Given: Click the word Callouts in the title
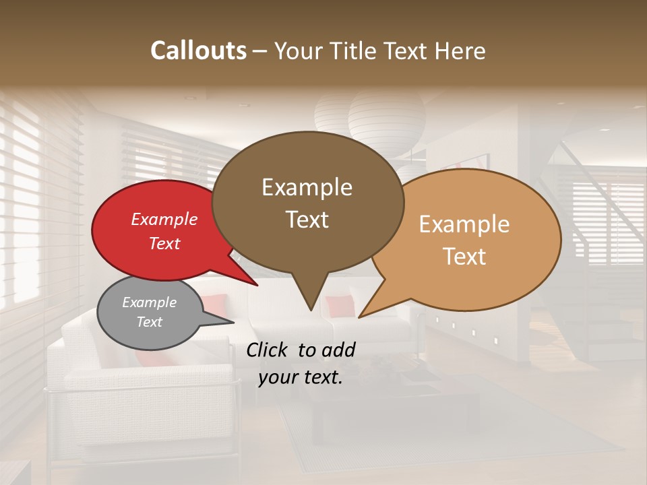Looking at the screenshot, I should pyautogui.click(x=198, y=51).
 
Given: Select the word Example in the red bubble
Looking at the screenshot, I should pyautogui.click(x=164, y=219).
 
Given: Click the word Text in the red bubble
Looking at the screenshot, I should pyautogui.click(x=164, y=243).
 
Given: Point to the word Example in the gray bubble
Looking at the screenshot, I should pyautogui.click(x=149, y=302).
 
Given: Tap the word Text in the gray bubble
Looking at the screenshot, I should pyautogui.click(x=149, y=322).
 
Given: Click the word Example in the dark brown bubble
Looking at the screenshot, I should pyautogui.click(x=307, y=187).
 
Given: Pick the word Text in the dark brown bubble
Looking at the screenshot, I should pyautogui.click(x=307, y=220).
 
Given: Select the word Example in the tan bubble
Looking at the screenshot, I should pyautogui.click(x=464, y=224).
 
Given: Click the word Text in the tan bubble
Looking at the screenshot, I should pyautogui.click(x=464, y=257).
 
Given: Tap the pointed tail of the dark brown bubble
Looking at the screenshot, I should pyautogui.click(x=310, y=303).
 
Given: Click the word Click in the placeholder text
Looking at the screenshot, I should pyautogui.click(x=269, y=350).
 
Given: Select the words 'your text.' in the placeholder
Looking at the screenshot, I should pyautogui.click(x=301, y=377).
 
